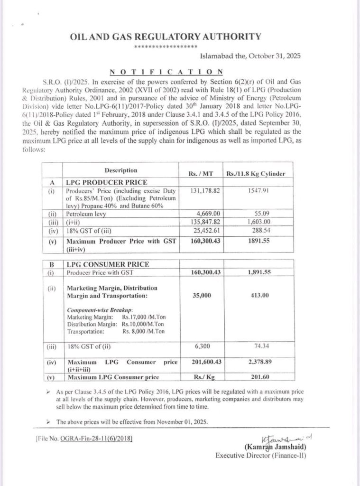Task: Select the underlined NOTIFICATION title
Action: click(166, 72)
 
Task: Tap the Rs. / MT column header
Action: click(200, 174)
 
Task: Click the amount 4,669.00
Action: click(200, 214)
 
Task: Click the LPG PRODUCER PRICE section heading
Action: click(101, 182)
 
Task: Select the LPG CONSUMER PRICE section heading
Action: click(101, 264)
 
